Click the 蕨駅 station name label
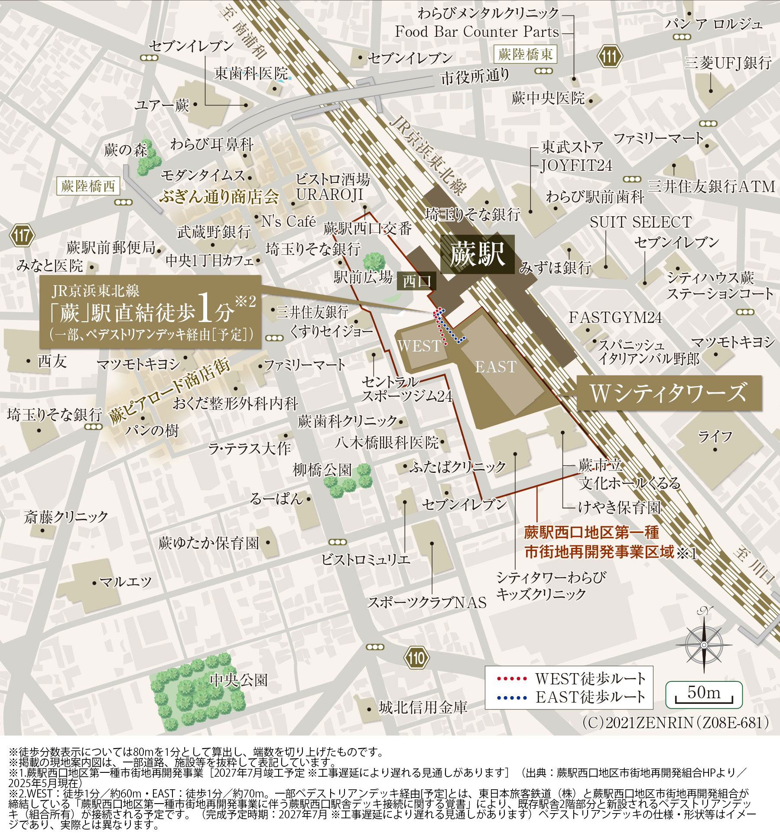click(x=478, y=254)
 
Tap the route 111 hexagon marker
click(x=610, y=56)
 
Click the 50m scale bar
click(x=703, y=694)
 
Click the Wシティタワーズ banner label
click(x=669, y=393)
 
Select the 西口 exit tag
click(x=416, y=282)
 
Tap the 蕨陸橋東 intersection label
click(x=525, y=55)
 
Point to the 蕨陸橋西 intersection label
click(x=88, y=186)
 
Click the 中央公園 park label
click(x=239, y=680)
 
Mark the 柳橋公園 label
click(x=322, y=470)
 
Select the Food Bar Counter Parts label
click(x=477, y=32)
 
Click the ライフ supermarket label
click(x=715, y=436)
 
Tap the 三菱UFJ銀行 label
click(x=728, y=63)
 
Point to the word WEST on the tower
click(x=419, y=346)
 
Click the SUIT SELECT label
click(x=640, y=222)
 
